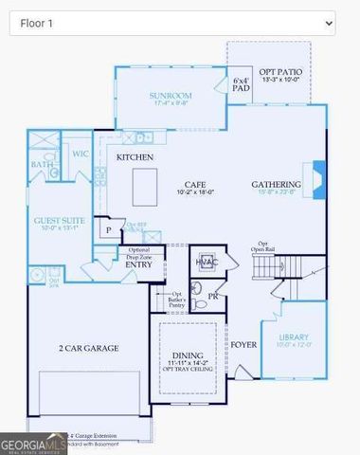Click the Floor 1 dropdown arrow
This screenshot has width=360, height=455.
tap(329, 22)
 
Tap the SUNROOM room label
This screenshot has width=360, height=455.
tap(171, 96)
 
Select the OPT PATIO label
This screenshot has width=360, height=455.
tap(279, 73)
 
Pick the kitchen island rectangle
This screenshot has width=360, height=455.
tap(145, 186)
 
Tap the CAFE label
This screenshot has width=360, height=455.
tap(197, 185)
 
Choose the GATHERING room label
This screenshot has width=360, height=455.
tap(276, 184)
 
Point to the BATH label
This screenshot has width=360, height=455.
tap(42, 165)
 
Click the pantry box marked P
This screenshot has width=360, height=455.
tap(109, 229)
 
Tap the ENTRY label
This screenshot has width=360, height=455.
tap(139, 264)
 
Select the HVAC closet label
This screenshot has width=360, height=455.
tap(207, 261)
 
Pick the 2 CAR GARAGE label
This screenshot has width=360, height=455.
tap(88, 348)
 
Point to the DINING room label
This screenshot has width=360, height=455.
tap(191, 354)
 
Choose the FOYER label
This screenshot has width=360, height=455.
tap(244, 344)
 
